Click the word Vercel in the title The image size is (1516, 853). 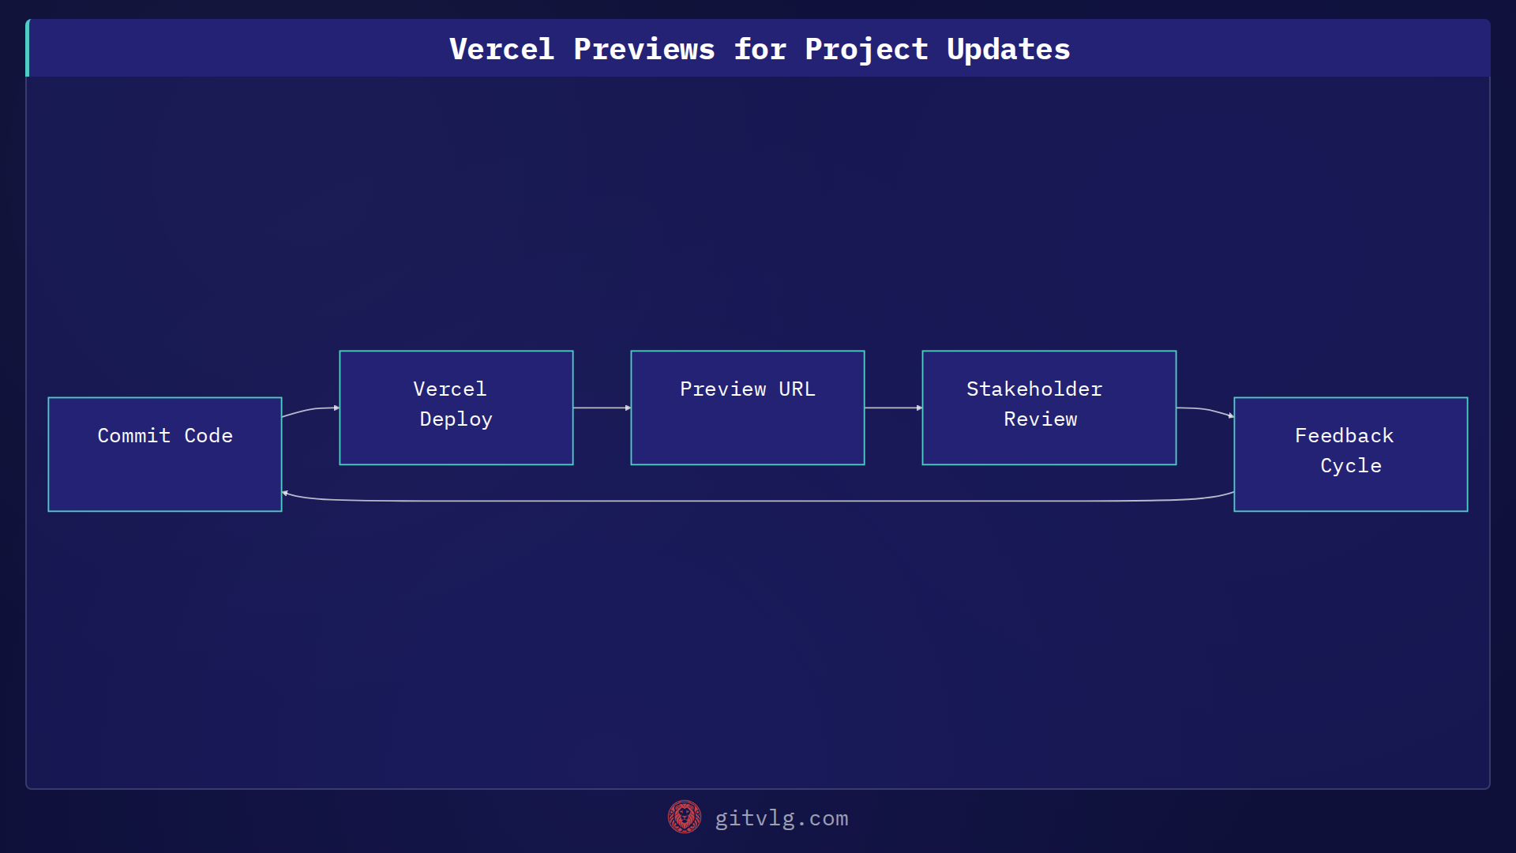(x=501, y=49)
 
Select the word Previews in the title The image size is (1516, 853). (x=644, y=49)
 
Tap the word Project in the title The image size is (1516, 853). (x=866, y=49)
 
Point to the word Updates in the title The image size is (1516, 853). (x=1008, y=49)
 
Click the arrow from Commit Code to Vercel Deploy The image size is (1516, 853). (x=310, y=409)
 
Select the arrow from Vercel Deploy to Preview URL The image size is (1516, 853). (x=602, y=408)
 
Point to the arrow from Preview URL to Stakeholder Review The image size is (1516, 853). (x=893, y=408)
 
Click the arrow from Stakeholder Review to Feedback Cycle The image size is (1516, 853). (x=1206, y=410)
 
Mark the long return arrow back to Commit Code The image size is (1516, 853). (x=758, y=501)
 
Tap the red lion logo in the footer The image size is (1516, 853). (x=684, y=817)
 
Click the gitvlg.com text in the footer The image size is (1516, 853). (x=781, y=818)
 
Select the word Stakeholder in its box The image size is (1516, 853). (x=1034, y=389)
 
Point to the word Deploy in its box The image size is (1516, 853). (x=456, y=419)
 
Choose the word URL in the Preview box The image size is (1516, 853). (x=797, y=389)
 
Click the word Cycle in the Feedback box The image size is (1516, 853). (x=1350, y=466)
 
